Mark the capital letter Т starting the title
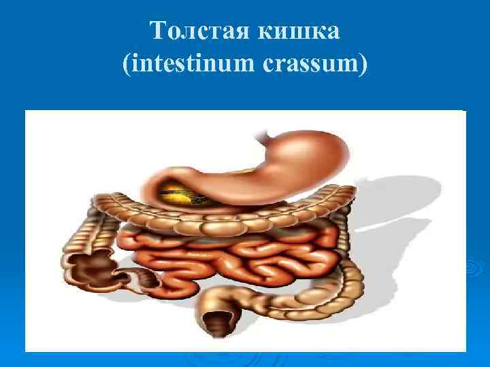tap(157, 30)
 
